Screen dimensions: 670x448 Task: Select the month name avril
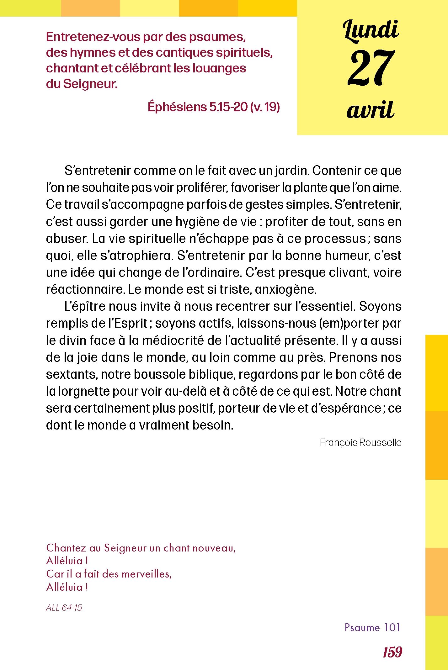tap(371, 110)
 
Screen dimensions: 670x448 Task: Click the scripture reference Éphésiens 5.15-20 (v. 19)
tap(214, 107)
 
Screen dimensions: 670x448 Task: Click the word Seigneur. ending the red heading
tap(90, 84)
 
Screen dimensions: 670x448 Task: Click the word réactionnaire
tap(85, 289)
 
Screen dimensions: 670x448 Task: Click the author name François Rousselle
tap(360, 442)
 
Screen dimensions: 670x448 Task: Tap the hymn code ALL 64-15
tap(64, 608)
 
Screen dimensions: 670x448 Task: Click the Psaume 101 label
tap(372, 627)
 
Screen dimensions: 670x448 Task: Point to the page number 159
tap(392, 652)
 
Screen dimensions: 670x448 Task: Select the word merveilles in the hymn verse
tap(147, 574)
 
